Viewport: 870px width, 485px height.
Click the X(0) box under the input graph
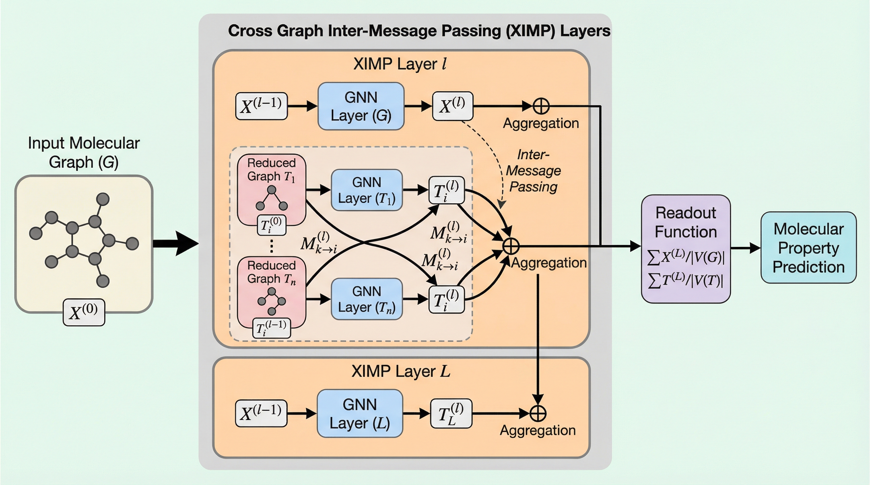84,312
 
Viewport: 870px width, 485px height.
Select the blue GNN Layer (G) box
361,106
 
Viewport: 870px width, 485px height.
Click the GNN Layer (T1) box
366,190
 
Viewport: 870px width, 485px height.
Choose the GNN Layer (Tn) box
366,299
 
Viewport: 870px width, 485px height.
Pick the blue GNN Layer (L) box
360,414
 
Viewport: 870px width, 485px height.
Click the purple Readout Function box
686,248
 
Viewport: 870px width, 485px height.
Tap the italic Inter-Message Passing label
533,171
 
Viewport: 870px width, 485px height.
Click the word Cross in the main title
250,31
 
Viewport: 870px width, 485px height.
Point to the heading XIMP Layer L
401,371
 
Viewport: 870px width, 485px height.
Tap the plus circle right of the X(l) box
541,106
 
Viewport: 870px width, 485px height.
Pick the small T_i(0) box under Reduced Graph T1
272,225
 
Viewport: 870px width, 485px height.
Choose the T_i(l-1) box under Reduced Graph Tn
272,328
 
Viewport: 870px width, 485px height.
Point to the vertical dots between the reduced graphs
272,246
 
